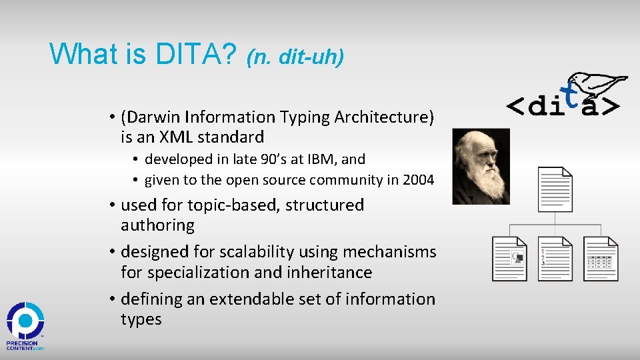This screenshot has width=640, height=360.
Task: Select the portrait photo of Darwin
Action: click(x=481, y=166)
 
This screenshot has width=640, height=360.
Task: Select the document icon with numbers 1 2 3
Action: click(x=555, y=258)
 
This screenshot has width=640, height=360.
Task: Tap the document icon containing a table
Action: click(x=601, y=258)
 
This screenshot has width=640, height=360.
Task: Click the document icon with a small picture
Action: click(x=510, y=258)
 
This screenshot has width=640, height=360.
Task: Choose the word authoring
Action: click(x=157, y=225)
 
